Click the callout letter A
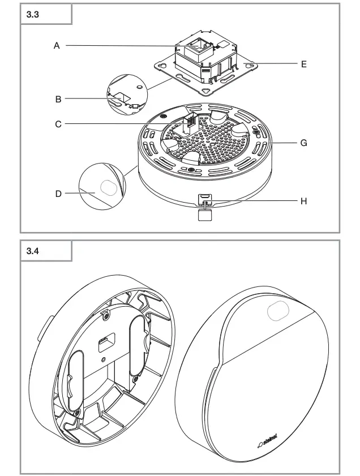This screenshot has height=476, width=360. (x=57, y=46)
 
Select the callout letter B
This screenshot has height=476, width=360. (x=58, y=98)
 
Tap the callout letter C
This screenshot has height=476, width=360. (x=58, y=123)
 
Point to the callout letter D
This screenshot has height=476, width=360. (x=58, y=193)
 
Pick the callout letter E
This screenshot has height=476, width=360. (x=303, y=65)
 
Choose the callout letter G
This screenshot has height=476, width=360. (x=303, y=144)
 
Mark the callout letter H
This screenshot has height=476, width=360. (x=303, y=200)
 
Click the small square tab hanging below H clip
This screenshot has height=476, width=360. (x=204, y=213)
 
